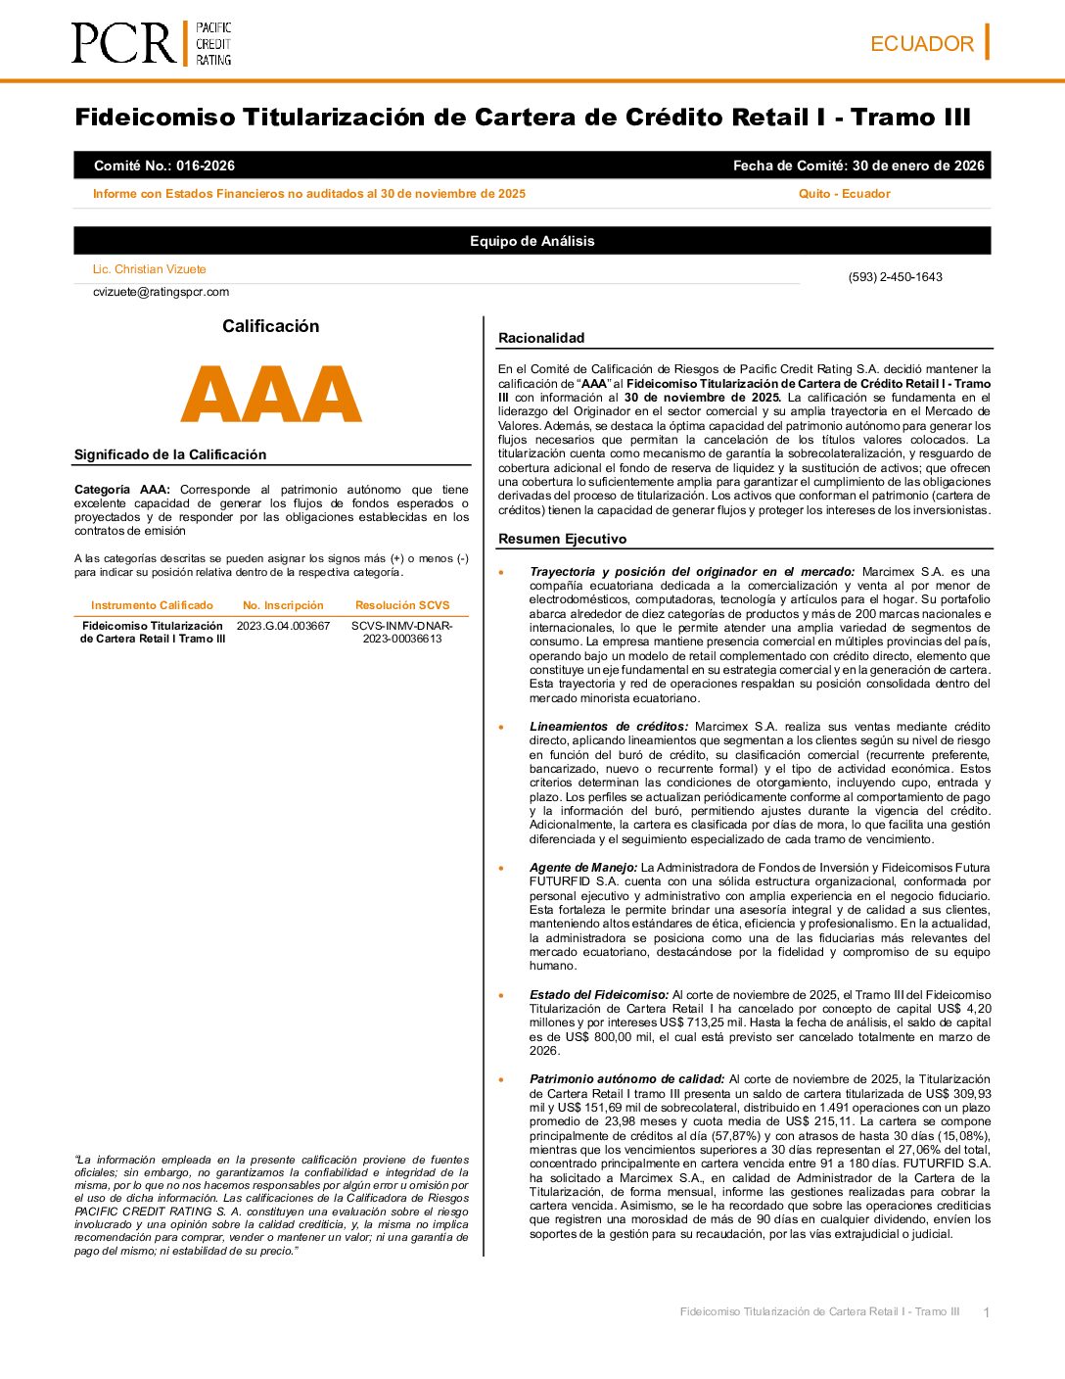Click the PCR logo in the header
coord(151,44)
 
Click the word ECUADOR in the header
coord(921,44)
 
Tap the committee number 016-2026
coord(206,166)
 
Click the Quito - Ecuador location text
coord(844,194)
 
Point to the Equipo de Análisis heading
coord(532,241)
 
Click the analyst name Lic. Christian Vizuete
coord(149,269)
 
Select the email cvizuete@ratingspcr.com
coord(161,292)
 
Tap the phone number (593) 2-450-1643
coord(895,277)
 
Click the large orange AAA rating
coord(271,395)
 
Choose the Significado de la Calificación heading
coord(170,454)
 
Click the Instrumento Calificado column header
coord(152,605)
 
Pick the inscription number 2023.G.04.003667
coord(283,626)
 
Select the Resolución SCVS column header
coord(402,605)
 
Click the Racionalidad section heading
coord(541,338)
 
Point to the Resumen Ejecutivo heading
coord(562,539)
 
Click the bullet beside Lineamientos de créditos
coord(502,728)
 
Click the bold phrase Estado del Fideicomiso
coord(599,995)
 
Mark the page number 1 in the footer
coord(986,1312)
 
